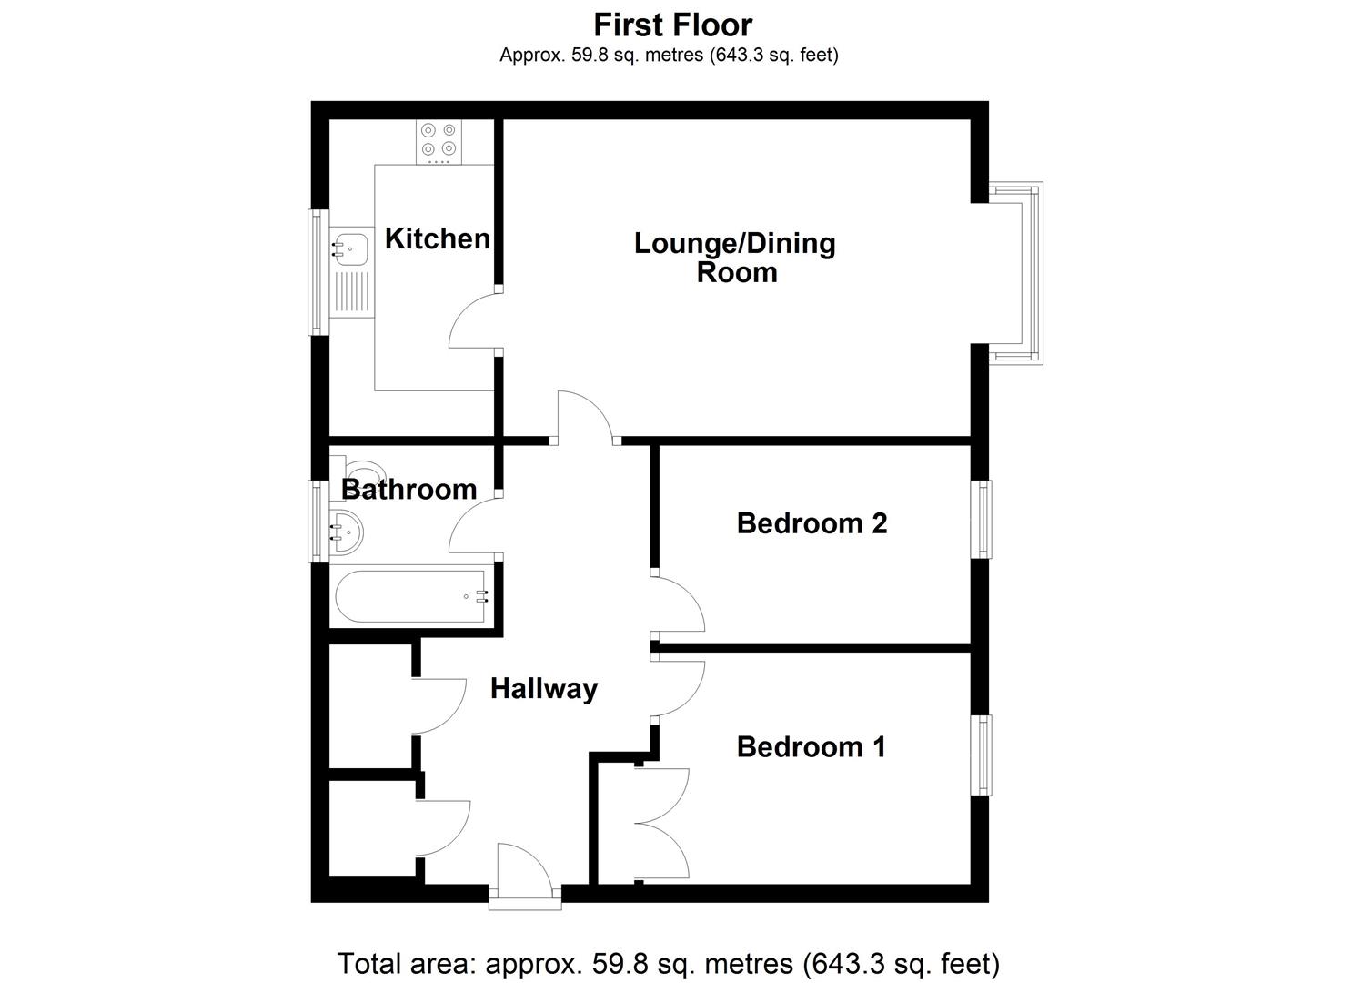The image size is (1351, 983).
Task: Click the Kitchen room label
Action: point(437,238)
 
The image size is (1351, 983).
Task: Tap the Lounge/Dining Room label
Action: point(735,258)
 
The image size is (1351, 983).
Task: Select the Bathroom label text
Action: point(408,490)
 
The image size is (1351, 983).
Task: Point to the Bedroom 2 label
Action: point(812,523)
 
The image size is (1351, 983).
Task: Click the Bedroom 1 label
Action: point(811,747)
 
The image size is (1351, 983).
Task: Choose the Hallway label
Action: point(543,689)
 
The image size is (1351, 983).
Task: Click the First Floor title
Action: point(672,25)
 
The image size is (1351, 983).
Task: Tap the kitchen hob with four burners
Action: point(438,142)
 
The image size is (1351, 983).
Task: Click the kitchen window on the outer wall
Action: point(317,271)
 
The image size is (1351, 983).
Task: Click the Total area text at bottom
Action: point(669,963)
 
